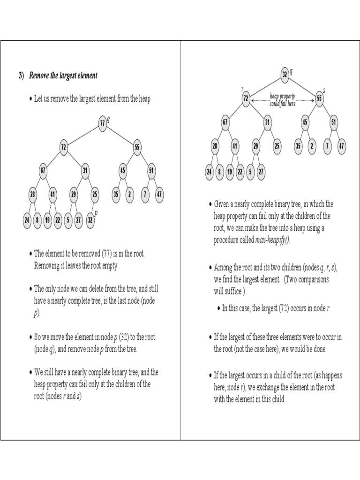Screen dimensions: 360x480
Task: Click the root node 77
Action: [x=102, y=123]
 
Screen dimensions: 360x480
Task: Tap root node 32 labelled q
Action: [x=285, y=74]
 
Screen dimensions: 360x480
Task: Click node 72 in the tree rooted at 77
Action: [x=64, y=147]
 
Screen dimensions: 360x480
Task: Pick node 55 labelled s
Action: [x=319, y=99]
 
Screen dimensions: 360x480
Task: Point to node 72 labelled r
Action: [x=246, y=99]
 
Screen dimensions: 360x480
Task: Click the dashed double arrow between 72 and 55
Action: [x=283, y=100]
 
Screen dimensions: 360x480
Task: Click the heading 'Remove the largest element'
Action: [x=63, y=75]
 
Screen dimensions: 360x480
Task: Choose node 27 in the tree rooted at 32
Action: [x=261, y=172]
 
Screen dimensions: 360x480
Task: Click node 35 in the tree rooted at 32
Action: [x=298, y=146]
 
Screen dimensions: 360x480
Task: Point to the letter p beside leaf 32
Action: [x=96, y=213]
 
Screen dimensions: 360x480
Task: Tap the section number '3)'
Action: [x=21, y=75]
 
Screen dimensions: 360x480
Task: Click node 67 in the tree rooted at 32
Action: [x=225, y=122]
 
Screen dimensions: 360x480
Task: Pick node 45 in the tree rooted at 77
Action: [x=122, y=171]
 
